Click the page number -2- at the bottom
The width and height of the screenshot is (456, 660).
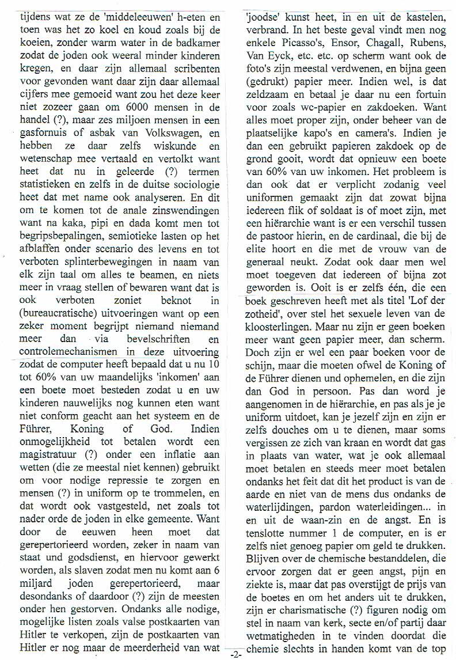236,655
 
